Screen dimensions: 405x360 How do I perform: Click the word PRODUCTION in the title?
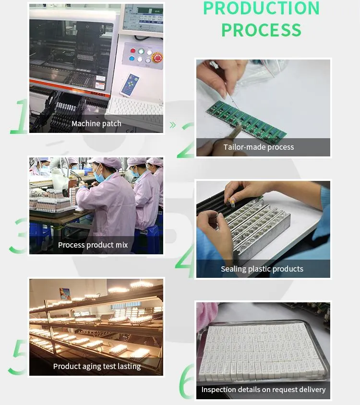[261, 8]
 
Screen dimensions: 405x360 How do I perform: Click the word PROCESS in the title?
[261, 30]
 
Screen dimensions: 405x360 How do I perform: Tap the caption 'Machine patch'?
[96, 123]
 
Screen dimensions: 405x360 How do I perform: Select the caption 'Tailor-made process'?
[258, 147]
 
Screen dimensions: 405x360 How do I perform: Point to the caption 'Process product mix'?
[93, 245]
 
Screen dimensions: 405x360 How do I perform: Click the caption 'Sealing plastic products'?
[262, 269]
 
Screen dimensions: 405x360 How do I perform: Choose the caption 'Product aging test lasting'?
[97, 366]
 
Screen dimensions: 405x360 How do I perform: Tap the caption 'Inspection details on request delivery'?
[264, 389]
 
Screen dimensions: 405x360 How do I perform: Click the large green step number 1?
[20, 116]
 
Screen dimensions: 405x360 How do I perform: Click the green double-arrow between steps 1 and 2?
[173, 125]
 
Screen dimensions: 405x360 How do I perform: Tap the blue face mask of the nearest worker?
[99, 176]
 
